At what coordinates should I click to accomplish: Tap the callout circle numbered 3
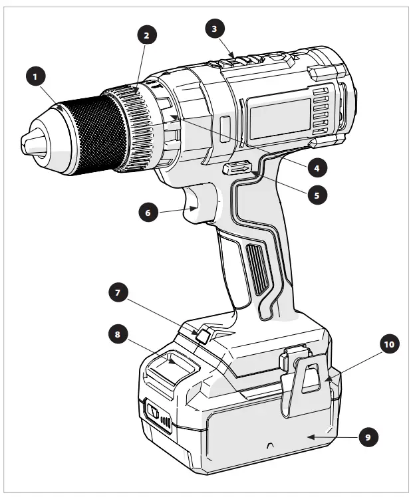click(213, 29)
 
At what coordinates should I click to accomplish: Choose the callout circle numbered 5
click(317, 197)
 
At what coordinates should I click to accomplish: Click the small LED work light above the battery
click(204, 335)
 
